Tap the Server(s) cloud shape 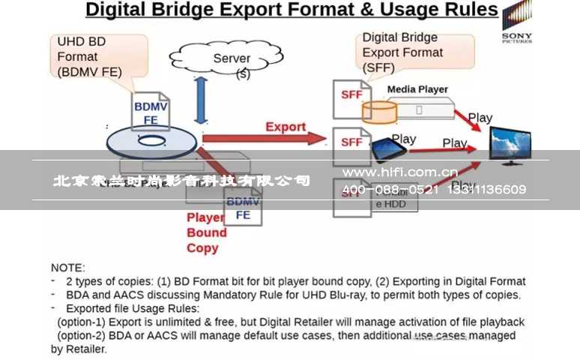225,59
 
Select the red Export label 286,127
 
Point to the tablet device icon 389,148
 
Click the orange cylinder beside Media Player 378,111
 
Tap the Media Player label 417,89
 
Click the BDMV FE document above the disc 151,111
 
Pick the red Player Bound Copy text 205,232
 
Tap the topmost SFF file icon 351,96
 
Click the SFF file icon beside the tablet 351,142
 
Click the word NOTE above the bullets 68,267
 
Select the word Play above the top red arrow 480,117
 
